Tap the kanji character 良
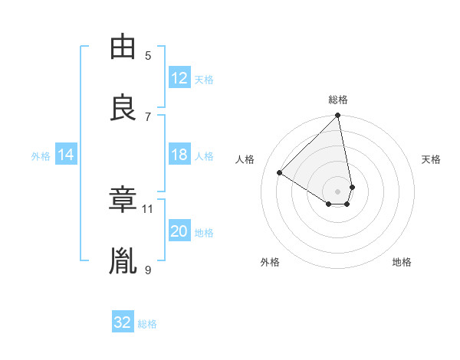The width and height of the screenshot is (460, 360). tap(123, 106)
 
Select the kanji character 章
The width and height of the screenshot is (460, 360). tap(123, 199)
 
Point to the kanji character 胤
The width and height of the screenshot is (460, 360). tap(123, 260)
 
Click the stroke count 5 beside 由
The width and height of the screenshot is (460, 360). tap(148, 55)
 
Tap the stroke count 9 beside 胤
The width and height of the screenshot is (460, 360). tap(148, 269)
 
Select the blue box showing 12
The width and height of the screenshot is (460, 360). tap(179, 78)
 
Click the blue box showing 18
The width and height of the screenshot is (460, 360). tap(179, 155)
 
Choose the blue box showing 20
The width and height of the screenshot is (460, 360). tap(179, 231)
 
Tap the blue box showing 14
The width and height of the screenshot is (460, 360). tap(66, 155)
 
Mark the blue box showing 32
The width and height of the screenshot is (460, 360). tap(123, 322)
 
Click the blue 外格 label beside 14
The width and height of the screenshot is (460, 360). tap(41, 155)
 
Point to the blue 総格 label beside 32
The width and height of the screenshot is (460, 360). tap(147, 323)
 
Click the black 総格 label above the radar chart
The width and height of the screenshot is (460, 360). tap(338, 100)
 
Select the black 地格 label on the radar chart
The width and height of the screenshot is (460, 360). tap(402, 262)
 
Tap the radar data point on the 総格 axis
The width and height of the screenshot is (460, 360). tap(337, 116)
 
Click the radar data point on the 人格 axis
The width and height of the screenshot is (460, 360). tap(280, 173)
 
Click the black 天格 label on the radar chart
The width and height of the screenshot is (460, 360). tap(432, 159)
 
